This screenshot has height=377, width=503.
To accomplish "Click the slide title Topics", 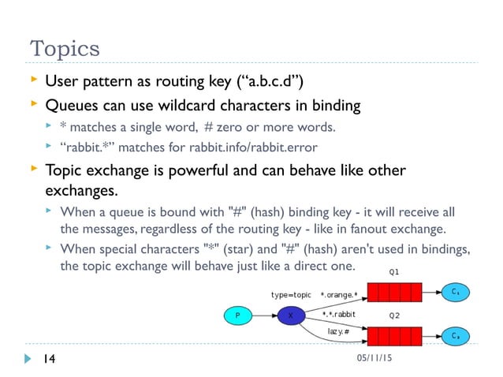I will click(65, 48).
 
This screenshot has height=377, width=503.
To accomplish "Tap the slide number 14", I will click(48, 360).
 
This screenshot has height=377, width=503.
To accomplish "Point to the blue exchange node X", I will click(291, 315).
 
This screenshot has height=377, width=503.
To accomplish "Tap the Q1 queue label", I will click(393, 271).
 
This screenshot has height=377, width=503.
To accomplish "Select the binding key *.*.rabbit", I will click(339, 314).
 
